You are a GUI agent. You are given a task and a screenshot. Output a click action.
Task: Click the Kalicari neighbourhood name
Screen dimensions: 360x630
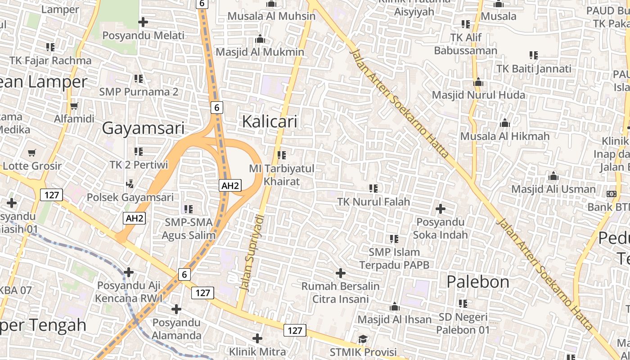coord(270,121)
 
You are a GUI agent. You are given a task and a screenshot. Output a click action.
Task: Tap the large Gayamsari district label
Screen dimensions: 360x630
coord(143,128)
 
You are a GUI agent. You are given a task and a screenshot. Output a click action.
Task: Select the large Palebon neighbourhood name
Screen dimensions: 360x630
coord(478,282)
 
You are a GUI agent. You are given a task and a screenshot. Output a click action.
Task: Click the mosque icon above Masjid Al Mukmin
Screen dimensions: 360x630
coord(260,39)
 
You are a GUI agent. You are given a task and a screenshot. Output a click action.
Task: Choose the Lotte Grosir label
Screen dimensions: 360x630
coord(32,166)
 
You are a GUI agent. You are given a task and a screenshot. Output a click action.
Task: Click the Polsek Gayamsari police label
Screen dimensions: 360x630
coord(130,197)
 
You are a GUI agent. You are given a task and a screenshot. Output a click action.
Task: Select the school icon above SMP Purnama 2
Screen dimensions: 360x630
coord(139,79)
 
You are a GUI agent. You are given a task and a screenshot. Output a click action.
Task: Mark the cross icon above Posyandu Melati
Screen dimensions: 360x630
coord(143,22)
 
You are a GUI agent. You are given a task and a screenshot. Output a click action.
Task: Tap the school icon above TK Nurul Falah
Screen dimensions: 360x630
coord(373,188)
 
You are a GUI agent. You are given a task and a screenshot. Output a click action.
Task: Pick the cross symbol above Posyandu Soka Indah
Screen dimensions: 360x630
coord(441,209)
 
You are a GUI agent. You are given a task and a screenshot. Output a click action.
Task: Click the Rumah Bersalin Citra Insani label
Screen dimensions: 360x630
coord(341,292)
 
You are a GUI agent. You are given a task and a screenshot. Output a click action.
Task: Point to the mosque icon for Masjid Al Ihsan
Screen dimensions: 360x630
coord(395,307)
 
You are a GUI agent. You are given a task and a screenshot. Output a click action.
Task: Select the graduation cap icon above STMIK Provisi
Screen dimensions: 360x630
coord(363,339)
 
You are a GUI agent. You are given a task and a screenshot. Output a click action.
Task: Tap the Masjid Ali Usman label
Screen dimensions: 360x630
coord(553,189)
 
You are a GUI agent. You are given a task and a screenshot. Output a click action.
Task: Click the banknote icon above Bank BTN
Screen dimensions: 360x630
coord(611,194)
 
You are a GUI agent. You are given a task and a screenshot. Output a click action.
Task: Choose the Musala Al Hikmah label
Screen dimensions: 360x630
coord(505,136)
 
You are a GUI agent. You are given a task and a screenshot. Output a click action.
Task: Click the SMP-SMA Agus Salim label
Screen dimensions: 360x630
coord(189,229)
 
